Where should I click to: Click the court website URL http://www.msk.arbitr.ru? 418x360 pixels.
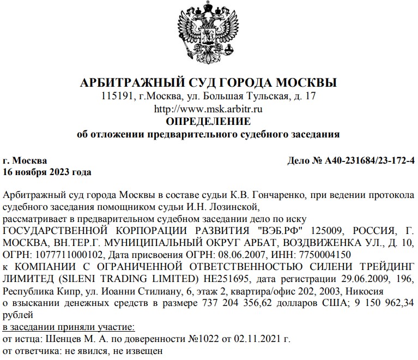(x=209, y=109)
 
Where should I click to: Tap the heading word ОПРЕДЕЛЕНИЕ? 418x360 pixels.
(x=209, y=121)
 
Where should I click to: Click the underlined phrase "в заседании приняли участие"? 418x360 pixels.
(x=68, y=327)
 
